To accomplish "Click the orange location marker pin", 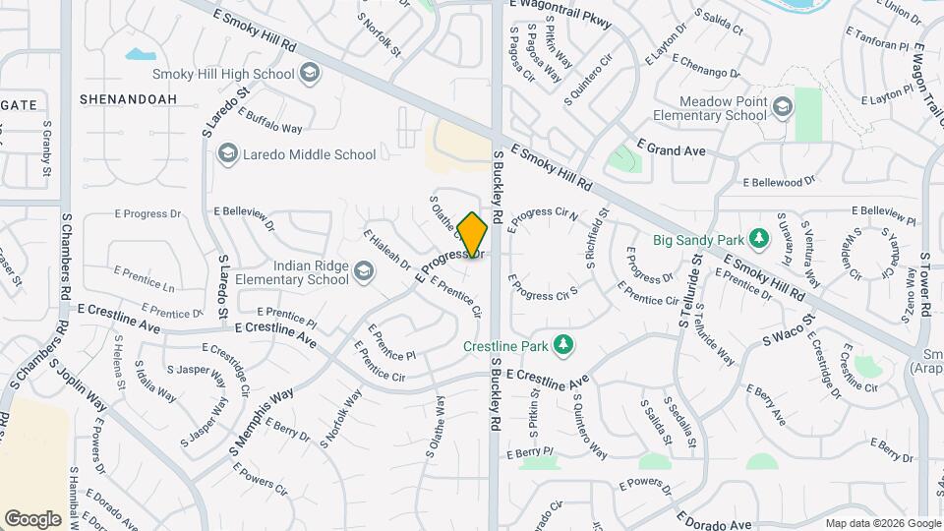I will [x=473, y=235].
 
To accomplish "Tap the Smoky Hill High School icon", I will [x=311, y=73].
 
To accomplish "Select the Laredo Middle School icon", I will [x=228, y=153].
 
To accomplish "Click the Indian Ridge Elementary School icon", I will [x=364, y=272].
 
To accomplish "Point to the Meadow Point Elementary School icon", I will [x=783, y=107].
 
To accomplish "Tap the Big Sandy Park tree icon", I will [x=758, y=238].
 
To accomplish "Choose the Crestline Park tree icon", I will [x=563, y=344].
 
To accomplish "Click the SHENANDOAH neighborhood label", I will [x=128, y=99].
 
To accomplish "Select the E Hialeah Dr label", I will [x=386, y=249].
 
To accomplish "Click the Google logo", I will [x=32, y=518].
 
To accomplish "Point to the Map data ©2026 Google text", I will [x=882, y=523].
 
